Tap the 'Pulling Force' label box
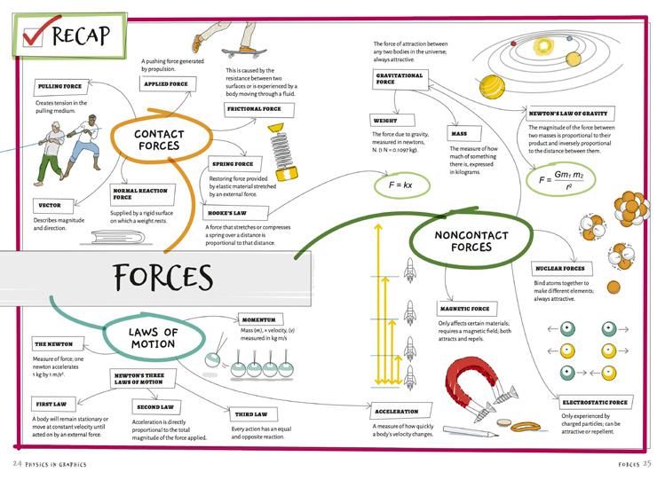(x=60, y=87)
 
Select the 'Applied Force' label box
(x=165, y=83)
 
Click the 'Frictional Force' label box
(x=254, y=109)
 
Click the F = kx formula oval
(x=391, y=187)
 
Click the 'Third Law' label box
(x=253, y=414)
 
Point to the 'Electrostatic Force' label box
(x=594, y=402)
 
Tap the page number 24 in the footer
(x=17, y=464)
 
